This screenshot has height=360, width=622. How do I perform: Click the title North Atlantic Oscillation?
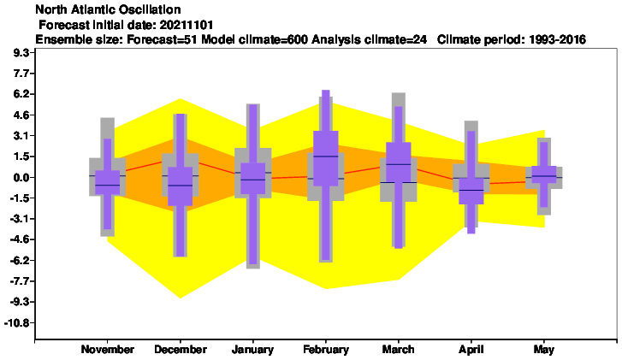pyautogui.click(x=108, y=9)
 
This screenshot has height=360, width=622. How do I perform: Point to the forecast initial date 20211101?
pyautogui.click(x=187, y=25)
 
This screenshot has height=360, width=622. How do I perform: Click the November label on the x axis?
pyautogui.click(x=108, y=349)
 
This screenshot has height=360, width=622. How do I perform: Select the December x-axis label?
pyautogui.click(x=181, y=349)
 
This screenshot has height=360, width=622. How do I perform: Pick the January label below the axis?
pyautogui.click(x=252, y=350)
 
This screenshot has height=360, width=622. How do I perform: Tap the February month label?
pyautogui.click(x=326, y=350)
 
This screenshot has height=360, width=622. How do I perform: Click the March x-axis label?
pyautogui.click(x=399, y=349)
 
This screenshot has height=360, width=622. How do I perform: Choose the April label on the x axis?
pyautogui.click(x=471, y=350)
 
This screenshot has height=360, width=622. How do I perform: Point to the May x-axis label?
pyautogui.click(x=544, y=350)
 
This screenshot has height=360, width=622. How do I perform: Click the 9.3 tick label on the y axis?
pyautogui.click(x=22, y=53)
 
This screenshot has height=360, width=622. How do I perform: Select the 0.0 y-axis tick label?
pyautogui.click(x=22, y=177)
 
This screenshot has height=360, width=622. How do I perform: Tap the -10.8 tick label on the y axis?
pyautogui.click(x=17, y=322)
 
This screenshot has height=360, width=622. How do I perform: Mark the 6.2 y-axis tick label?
pyautogui.click(x=22, y=94)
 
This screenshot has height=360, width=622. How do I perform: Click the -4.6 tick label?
pyautogui.click(x=20, y=239)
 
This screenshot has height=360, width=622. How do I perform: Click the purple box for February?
pyautogui.click(x=326, y=158)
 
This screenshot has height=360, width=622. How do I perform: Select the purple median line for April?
pyautogui.click(x=471, y=191)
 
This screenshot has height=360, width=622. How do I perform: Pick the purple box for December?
pyautogui.click(x=181, y=186)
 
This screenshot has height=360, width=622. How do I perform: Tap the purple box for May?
pyautogui.click(x=544, y=174)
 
